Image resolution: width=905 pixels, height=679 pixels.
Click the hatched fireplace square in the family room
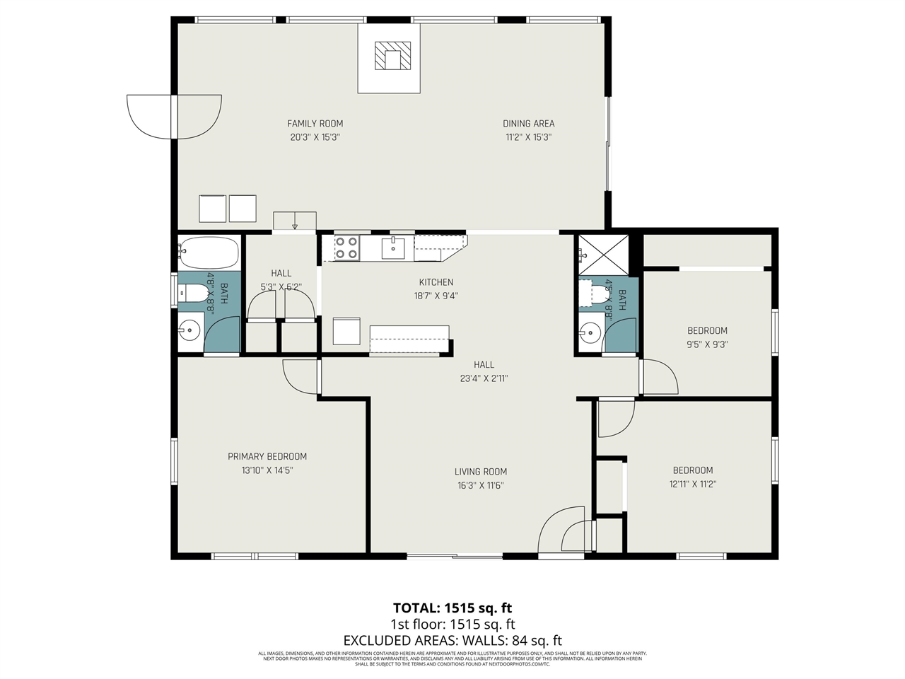(x=392, y=56)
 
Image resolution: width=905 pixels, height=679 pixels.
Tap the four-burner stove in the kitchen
(x=346, y=248)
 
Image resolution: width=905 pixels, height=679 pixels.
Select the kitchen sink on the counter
(x=392, y=248)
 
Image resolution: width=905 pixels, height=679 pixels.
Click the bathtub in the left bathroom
(x=209, y=250)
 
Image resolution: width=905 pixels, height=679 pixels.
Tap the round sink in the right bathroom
(x=589, y=331)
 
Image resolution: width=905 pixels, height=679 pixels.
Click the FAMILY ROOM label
(x=315, y=123)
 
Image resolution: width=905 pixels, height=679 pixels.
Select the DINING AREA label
(x=528, y=123)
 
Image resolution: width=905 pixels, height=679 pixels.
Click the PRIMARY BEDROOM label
(x=267, y=456)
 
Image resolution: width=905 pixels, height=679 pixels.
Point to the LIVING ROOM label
(x=480, y=472)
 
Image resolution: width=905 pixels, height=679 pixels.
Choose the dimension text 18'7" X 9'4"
(x=436, y=296)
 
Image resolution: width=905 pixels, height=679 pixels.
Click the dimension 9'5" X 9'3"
(x=707, y=344)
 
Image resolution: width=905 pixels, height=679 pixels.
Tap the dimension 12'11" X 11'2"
(x=692, y=484)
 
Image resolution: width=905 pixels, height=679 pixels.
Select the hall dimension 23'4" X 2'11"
(x=484, y=378)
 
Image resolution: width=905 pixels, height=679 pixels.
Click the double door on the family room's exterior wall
(x=173, y=117)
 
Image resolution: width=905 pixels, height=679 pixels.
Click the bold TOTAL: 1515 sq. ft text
(x=452, y=608)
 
